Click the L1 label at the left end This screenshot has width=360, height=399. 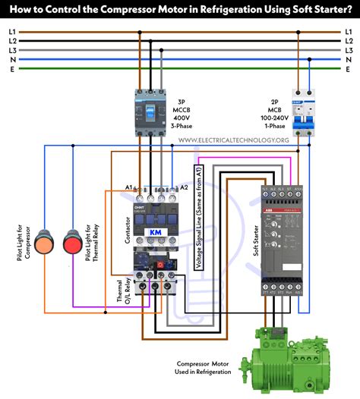(11, 32)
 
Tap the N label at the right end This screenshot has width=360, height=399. (349, 59)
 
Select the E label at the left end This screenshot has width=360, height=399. (11, 68)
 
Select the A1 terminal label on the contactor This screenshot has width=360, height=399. (129, 187)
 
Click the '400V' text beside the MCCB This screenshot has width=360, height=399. (181, 119)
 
